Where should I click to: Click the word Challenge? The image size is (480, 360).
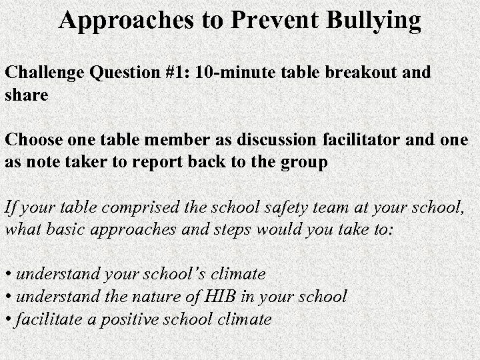(39, 73)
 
